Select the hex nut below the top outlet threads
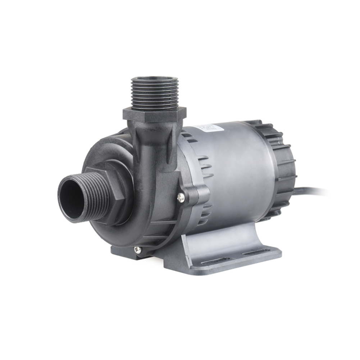click(x=155, y=114)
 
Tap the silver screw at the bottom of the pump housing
click(x=137, y=249)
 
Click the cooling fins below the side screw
click(x=205, y=216)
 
